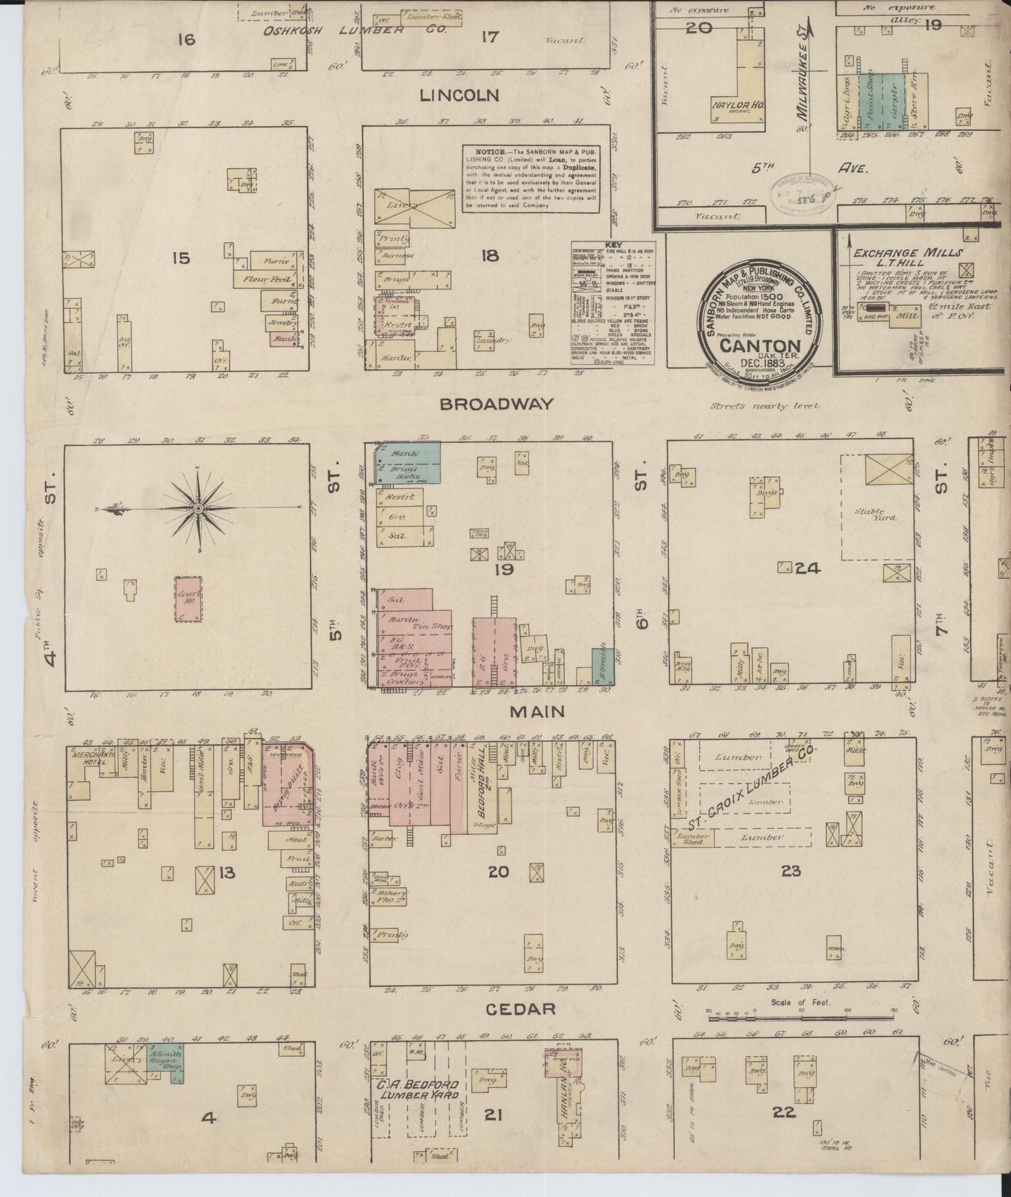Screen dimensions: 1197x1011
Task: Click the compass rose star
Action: [x=198, y=507]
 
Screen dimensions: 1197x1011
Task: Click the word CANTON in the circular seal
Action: [x=760, y=346]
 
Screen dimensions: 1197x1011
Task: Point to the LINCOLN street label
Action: [x=459, y=95]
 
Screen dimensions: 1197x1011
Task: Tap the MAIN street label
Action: [x=537, y=712]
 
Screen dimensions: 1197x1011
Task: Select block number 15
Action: [x=181, y=258]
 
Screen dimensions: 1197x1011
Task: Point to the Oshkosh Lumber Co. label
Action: [x=335, y=31]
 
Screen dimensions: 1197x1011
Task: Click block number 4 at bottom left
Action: [x=208, y=1118]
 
